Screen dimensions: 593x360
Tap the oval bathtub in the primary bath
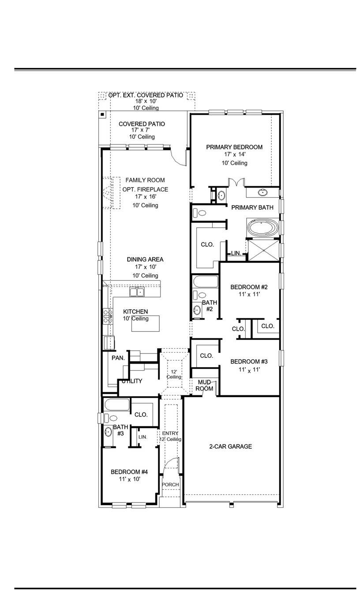263,229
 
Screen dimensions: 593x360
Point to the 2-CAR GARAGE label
230,447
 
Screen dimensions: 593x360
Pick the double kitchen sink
137,292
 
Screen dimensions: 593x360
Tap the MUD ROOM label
205,385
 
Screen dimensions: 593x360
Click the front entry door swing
172,464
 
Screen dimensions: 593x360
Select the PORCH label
170,484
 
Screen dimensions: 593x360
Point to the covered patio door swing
180,157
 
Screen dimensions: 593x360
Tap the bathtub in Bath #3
116,405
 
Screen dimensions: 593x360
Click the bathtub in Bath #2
206,281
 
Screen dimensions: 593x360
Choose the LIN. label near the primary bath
236,253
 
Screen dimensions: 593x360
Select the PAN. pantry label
118,358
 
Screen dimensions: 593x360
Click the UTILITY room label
132,381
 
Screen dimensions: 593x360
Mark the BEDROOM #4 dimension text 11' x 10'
130,479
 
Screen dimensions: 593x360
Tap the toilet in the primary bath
200,213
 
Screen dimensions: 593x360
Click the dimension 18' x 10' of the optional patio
146,101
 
